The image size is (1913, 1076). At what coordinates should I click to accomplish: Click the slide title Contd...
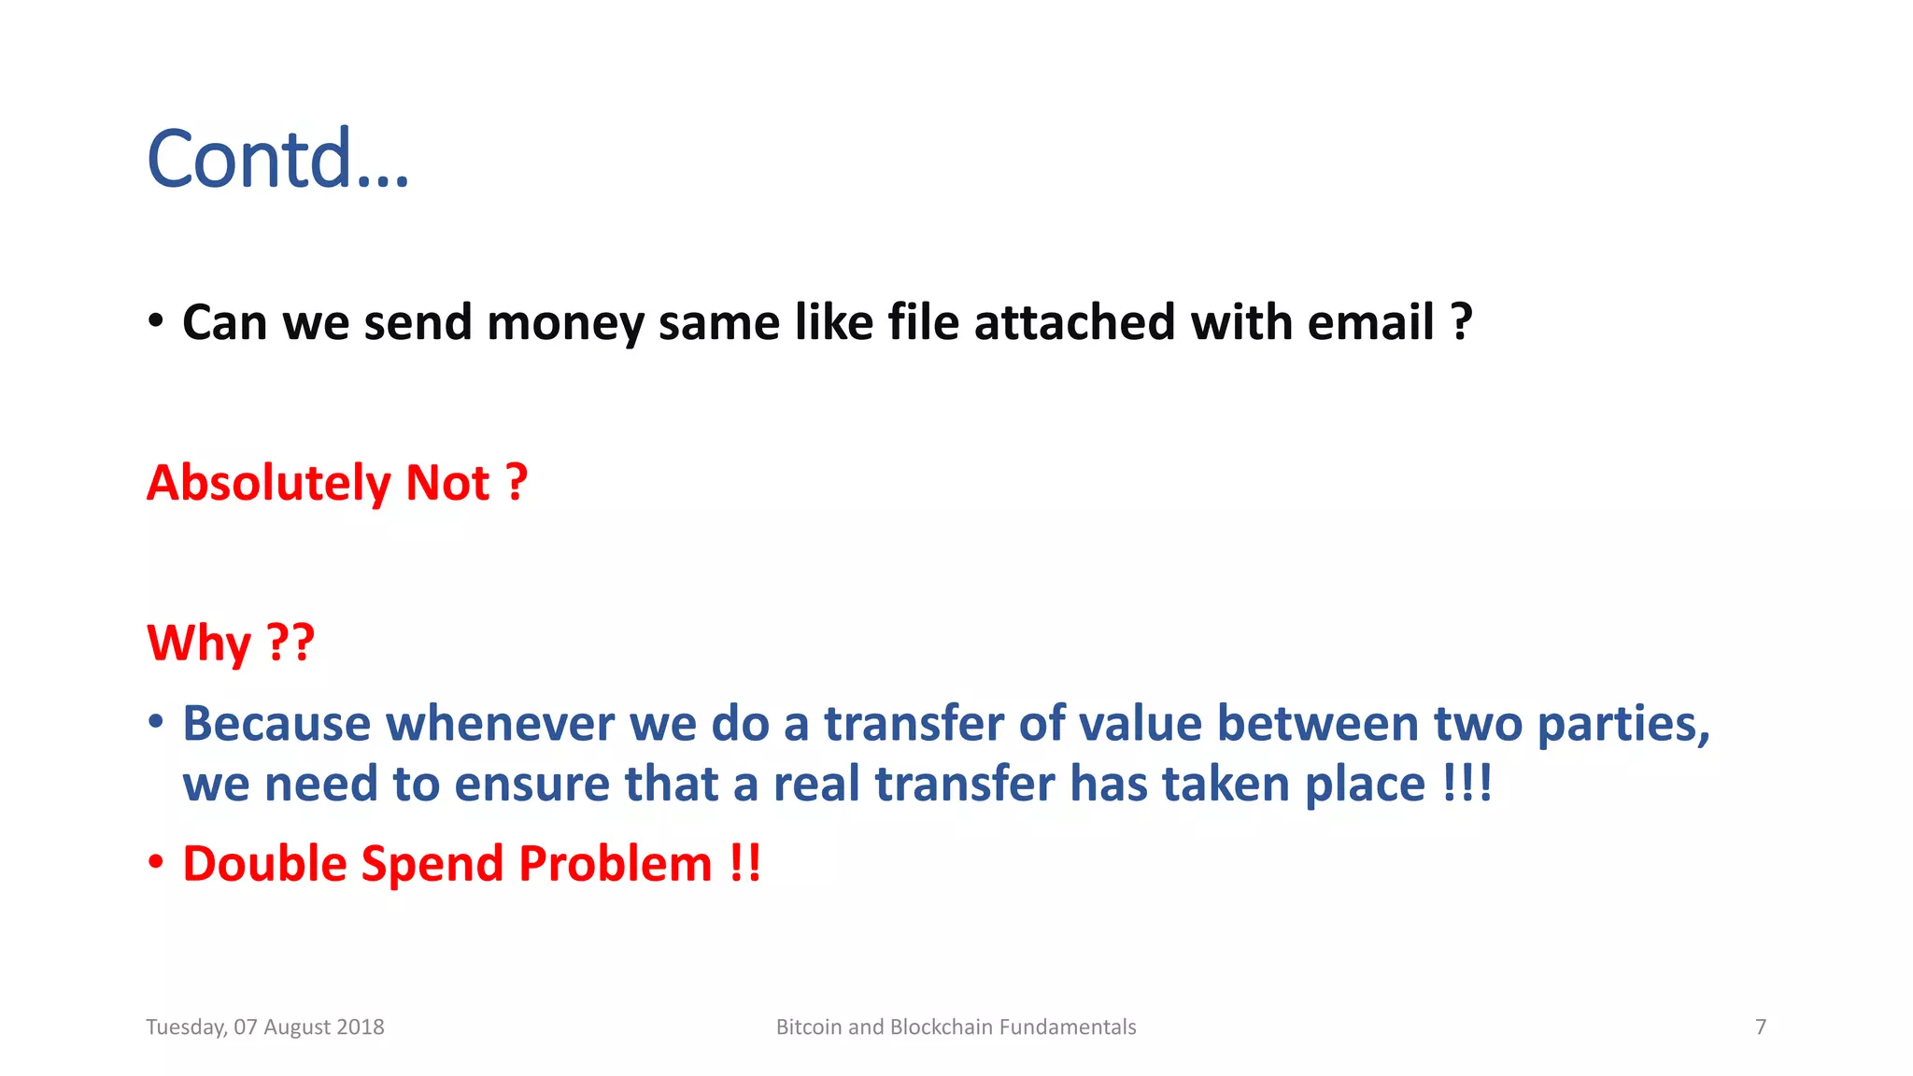(x=277, y=159)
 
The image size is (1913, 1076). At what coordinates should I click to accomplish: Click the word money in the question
(x=565, y=323)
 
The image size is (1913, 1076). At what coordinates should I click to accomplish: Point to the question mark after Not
(x=517, y=484)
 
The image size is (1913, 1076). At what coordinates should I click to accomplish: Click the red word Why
(x=199, y=644)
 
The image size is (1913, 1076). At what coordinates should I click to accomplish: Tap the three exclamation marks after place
(x=1467, y=783)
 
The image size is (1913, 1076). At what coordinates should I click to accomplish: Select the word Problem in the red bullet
(x=616, y=864)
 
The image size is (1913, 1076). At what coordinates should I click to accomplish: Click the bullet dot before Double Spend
(x=156, y=862)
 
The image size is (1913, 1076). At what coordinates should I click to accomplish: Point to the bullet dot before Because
(x=156, y=722)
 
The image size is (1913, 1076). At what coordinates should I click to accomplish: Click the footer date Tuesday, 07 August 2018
(x=265, y=1027)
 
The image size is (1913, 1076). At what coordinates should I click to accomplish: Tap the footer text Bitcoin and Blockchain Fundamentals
(x=956, y=1027)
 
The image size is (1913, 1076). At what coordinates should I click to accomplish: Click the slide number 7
(x=1761, y=1027)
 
